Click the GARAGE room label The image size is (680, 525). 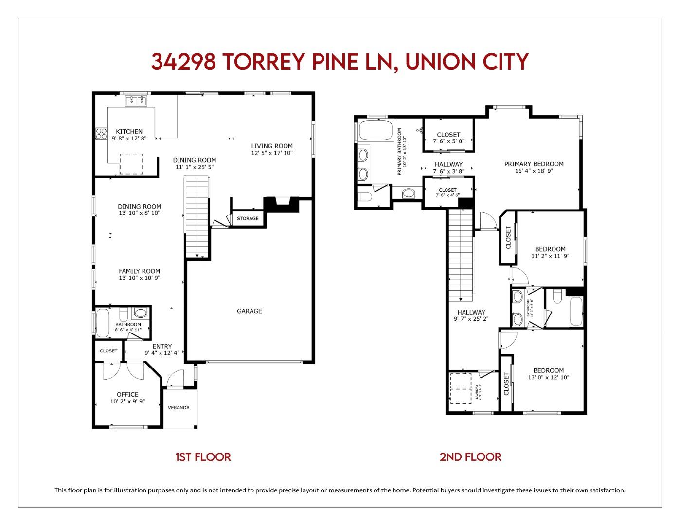[249, 311]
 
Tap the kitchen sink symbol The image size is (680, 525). [136, 101]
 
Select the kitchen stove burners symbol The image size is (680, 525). [101, 134]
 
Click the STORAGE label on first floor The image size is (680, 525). [248, 218]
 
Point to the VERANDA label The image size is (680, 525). [179, 407]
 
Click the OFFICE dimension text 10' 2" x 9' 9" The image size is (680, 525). [127, 402]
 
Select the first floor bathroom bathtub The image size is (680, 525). [103, 323]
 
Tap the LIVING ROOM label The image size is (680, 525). [272, 146]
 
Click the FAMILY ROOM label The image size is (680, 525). [140, 271]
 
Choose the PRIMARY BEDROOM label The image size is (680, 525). [534, 164]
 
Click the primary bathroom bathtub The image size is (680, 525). [375, 130]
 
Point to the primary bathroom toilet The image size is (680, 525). [365, 197]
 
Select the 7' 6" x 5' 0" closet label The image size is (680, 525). [448, 141]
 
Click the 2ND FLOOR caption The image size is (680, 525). [470, 457]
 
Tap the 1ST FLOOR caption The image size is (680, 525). [203, 457]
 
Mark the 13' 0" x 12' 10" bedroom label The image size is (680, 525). [548, 377]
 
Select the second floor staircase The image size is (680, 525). [460, 253]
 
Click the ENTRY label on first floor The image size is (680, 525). [162, 346]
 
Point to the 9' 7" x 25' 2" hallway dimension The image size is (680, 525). [471, 319]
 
